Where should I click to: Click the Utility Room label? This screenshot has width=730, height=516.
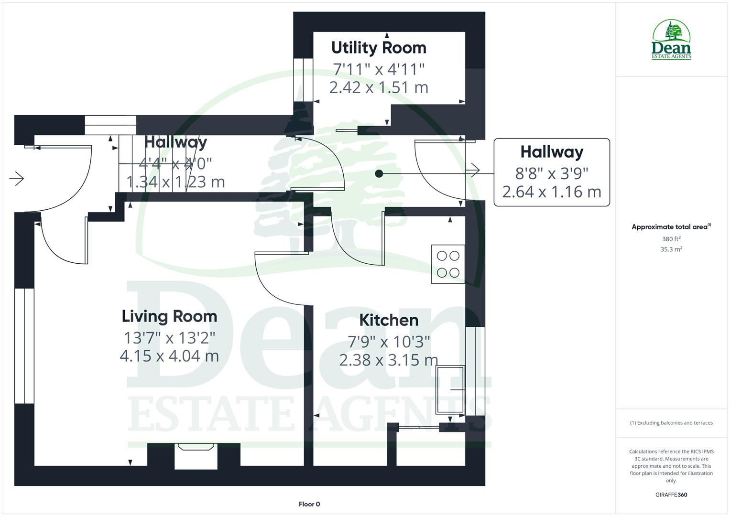379,48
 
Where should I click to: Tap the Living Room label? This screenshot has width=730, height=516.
169,316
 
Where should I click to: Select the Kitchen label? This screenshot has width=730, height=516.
389,320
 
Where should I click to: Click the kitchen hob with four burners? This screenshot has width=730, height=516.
448,264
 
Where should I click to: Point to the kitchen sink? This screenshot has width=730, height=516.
450,390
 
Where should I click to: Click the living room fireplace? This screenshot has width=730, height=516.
196,456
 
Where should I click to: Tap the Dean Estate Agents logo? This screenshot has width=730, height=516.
671,39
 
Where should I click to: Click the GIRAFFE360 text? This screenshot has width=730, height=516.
671,494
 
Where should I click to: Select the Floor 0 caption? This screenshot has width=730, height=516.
309,504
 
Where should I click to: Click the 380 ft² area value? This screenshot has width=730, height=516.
671,239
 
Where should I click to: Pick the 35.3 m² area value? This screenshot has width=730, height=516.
671,249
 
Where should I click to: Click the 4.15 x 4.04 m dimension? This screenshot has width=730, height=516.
169,356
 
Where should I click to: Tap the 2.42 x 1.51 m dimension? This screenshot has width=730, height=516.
379,87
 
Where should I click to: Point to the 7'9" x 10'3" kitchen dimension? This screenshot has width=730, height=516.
389,342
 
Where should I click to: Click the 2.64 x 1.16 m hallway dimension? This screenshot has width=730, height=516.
552,192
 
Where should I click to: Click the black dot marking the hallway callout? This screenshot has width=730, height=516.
379,173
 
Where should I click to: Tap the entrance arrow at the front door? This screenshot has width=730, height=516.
17,179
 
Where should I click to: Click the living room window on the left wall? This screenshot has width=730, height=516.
24,346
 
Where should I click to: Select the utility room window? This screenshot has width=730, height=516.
304,80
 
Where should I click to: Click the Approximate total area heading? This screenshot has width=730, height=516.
671,227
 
